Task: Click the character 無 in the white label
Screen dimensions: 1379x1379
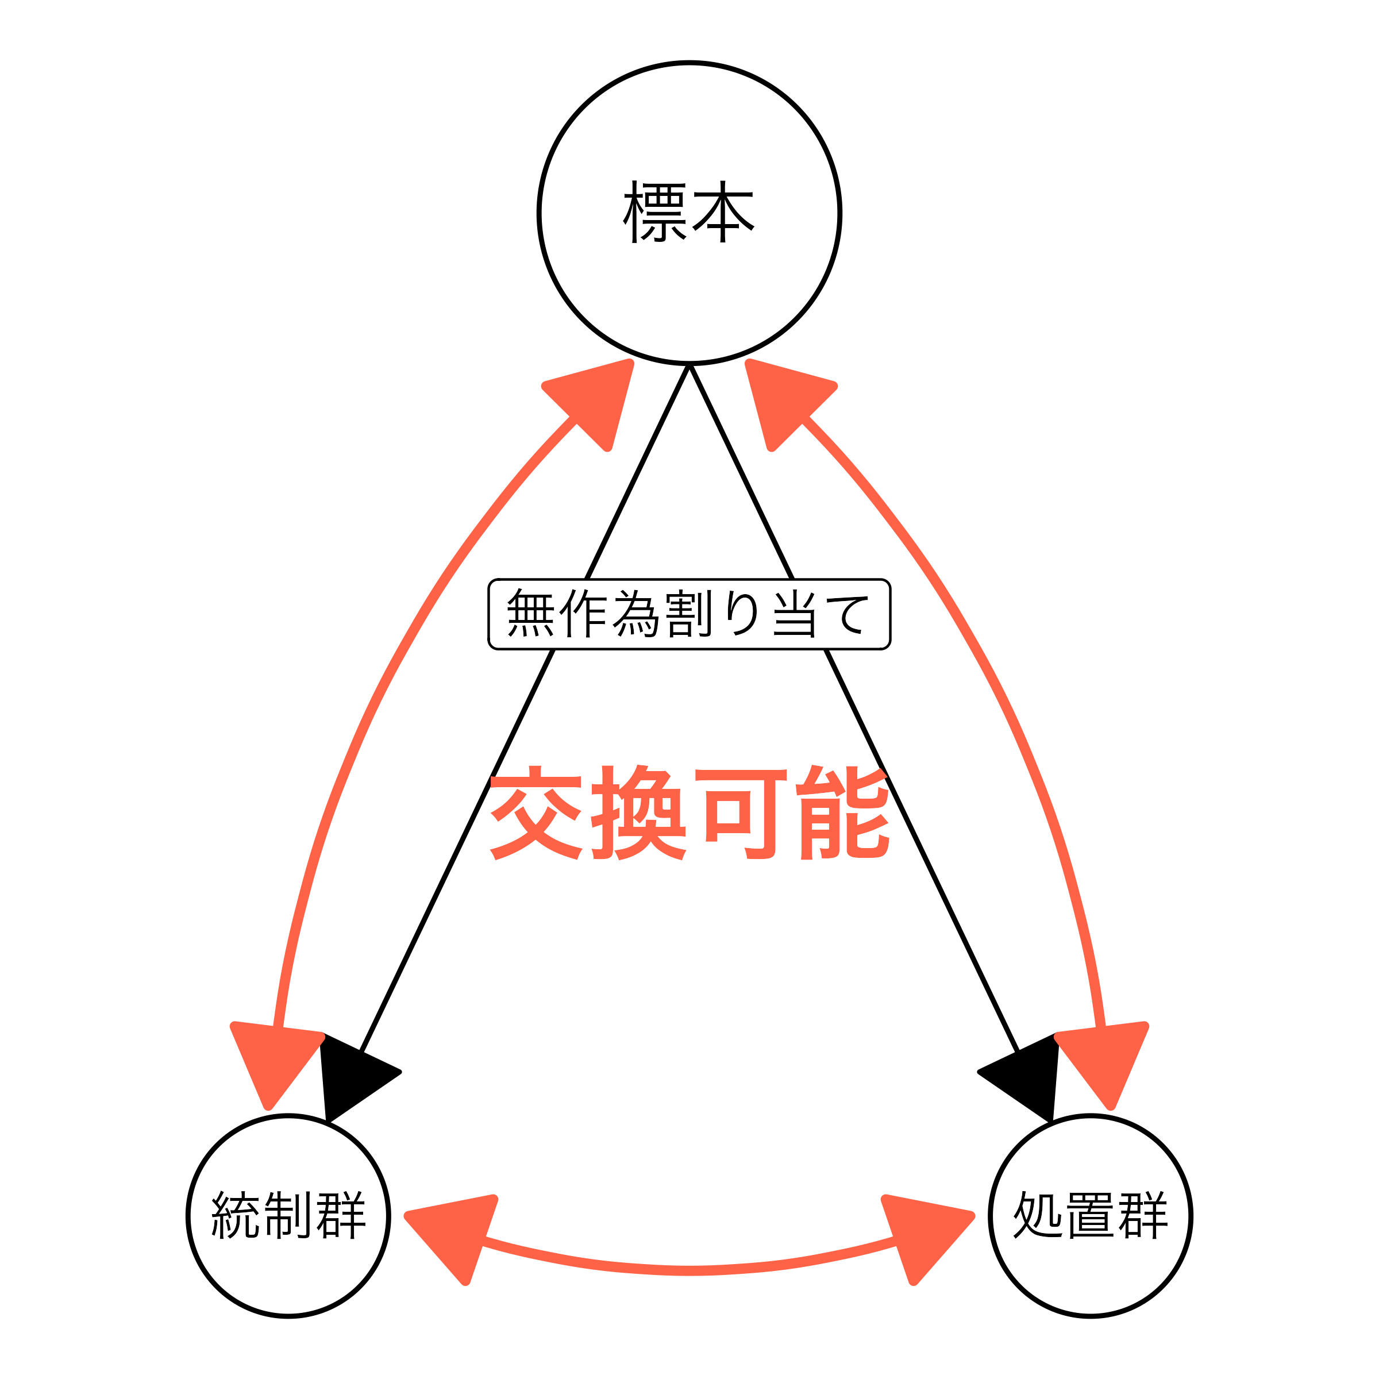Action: tap(530, 613)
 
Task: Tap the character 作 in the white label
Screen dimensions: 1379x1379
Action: tap(584, 613)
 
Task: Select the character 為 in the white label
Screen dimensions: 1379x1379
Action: tap(636, 613)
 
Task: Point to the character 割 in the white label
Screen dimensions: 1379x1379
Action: tap(688, 613)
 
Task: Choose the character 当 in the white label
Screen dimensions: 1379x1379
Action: tap(793, 613)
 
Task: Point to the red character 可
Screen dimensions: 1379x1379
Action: tap(740, 813)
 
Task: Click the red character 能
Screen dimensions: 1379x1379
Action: tap(843, 813)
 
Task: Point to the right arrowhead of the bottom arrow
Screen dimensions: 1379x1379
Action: tap(923, 1235)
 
